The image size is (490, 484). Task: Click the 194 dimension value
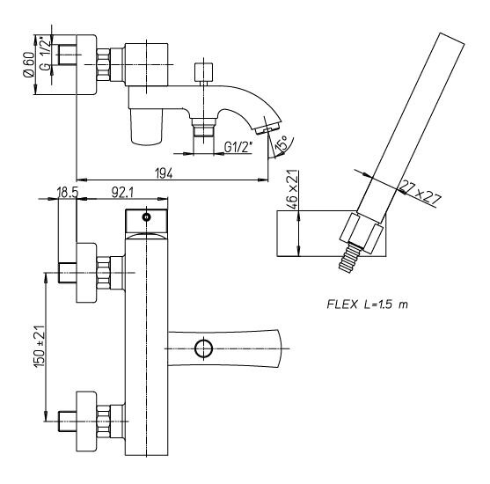pyautogui.click(x=164, y=172)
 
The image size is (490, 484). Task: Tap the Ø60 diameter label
pyautogui.click(x=29, y=64)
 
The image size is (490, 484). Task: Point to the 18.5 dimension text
pyautogui.click(x=67, y=193)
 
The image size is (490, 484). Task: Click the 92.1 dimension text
pyautogui.click(x=122, y=193)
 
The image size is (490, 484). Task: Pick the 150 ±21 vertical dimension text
pyautogui.click(x=40, y=346)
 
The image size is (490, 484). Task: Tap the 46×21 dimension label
pyautogui.click(x=292, y=190)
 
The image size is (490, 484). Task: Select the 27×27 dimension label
pyautogui.click(x=421, y=193)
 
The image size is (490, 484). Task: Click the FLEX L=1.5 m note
pyautogui.click(x=367, y=304)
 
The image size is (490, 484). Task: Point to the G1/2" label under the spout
pyautogui.click(x=238, y=147)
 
